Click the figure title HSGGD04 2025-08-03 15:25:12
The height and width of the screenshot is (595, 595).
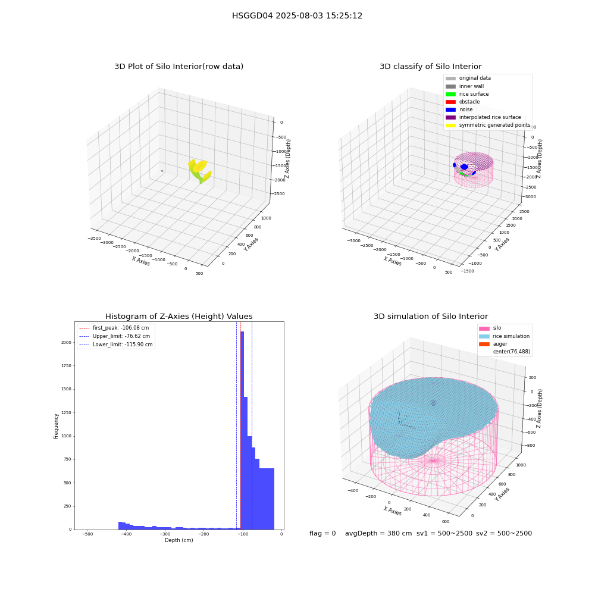(297, 15)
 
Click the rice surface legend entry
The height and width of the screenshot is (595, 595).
(467, 94)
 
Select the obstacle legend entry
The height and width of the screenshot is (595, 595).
(462, 102)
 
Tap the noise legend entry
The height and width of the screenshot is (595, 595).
(459, 109)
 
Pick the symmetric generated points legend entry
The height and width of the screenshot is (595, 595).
(488, 125)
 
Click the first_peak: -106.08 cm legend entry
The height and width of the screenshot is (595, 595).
(114, 328)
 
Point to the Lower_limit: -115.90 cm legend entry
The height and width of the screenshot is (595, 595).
(116, 345)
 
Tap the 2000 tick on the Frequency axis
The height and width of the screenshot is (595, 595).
(67, 342)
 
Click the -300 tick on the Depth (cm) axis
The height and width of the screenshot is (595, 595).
(165, 534)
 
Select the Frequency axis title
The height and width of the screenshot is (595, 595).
(56, 426)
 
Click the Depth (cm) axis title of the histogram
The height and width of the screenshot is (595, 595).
(179, 540)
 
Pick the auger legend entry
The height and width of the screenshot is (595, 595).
(493, 344)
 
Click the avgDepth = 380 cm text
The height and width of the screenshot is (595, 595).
(378, 533)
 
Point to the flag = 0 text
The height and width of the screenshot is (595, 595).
(322, 533)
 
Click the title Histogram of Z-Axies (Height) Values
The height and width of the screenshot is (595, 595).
(178, 317)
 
